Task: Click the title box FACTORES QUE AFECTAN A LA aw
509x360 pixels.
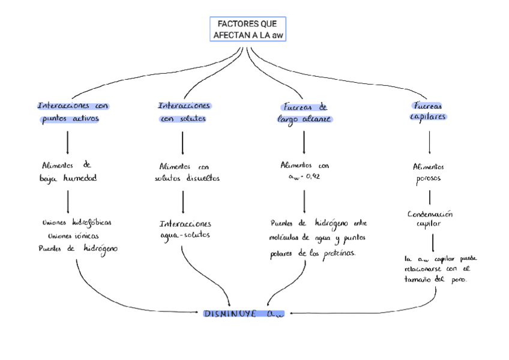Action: tap(247, 29)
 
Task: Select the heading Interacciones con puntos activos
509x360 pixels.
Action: tap(72, 112)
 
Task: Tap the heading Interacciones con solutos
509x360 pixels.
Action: tap(184, 112)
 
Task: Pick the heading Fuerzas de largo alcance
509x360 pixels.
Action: tap(304, 113)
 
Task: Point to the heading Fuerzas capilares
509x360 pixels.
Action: tap(428, 111)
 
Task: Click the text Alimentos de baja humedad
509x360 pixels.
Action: tap(67, 171)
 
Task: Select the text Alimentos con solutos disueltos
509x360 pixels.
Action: tap(187, 172)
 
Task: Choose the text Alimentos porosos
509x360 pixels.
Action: tap(429, 172)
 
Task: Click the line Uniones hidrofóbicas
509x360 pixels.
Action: tap(76, 222)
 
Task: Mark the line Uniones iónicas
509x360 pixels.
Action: tap(73, 235)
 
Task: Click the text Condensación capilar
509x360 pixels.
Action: tap(430, 218)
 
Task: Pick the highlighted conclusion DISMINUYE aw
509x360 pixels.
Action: tap(244, 313)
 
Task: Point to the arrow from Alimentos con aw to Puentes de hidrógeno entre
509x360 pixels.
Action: tap(304, 202)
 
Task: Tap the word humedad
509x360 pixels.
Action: tap(80, 178)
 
